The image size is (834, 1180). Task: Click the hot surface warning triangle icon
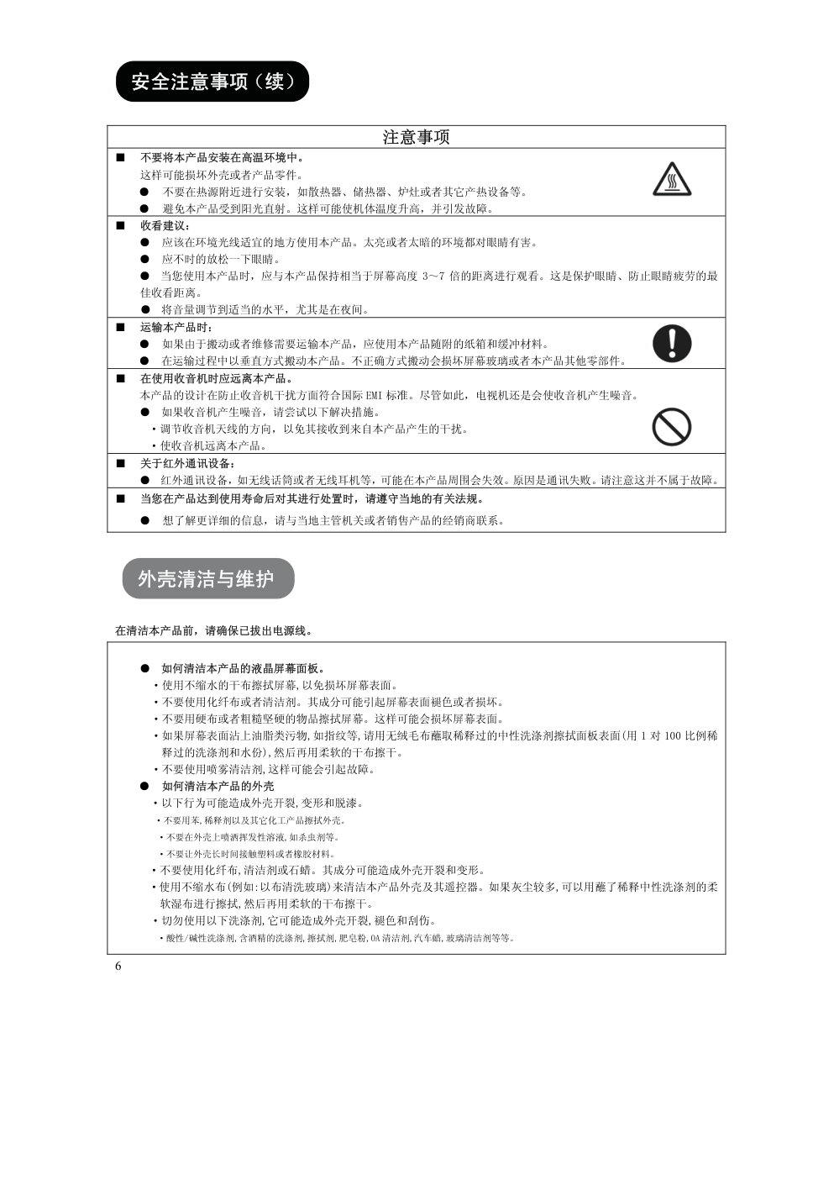(x=671, y=179)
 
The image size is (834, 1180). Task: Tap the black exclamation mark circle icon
(x=671, y=343)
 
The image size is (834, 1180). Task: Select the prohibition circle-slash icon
(x=671, y=427)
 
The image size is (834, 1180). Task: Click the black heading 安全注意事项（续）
(x=212, y=82)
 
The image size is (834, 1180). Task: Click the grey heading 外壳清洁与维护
(x=207, y=578)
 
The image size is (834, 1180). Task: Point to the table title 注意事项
(x=416, y=137)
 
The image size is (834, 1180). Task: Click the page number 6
(x=118, y=966)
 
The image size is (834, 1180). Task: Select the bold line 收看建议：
(x=165, y=225)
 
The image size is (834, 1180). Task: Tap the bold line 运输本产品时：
(x=176, y=327)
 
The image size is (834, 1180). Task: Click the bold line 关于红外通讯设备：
(x=187, y=463)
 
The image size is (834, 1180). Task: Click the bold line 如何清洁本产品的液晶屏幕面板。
(x=243, y=668)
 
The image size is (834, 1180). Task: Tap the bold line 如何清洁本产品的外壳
(x=218, y=786)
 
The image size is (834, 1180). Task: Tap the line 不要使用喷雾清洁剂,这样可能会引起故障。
(x=268, y=769)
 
